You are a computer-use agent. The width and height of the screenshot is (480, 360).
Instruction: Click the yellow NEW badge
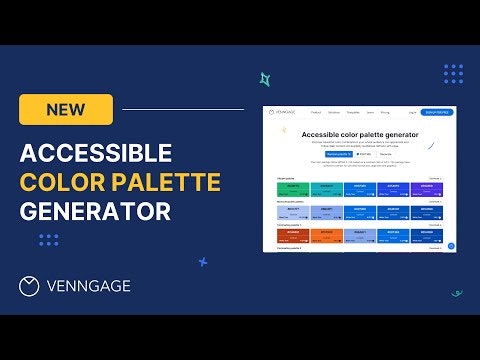point(66,109)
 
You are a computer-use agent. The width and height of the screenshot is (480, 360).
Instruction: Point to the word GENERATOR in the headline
point(95,211)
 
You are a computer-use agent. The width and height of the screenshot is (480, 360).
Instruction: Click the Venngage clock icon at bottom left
point(30,286)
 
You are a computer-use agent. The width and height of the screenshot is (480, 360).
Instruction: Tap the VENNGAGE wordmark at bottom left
point(88,287)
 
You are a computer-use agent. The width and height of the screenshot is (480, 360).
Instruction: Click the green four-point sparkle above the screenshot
point(265,79)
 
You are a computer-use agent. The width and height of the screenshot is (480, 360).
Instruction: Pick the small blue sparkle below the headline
point(203,262)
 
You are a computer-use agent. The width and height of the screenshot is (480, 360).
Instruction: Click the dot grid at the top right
point(453,73)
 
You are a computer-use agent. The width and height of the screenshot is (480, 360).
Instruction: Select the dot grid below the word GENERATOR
point(48,239)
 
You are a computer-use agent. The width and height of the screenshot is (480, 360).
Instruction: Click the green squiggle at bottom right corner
point(457,293)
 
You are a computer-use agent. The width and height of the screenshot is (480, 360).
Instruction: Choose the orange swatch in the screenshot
point(326,236)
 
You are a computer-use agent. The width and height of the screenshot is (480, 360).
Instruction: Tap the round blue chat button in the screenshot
point(451,246)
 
